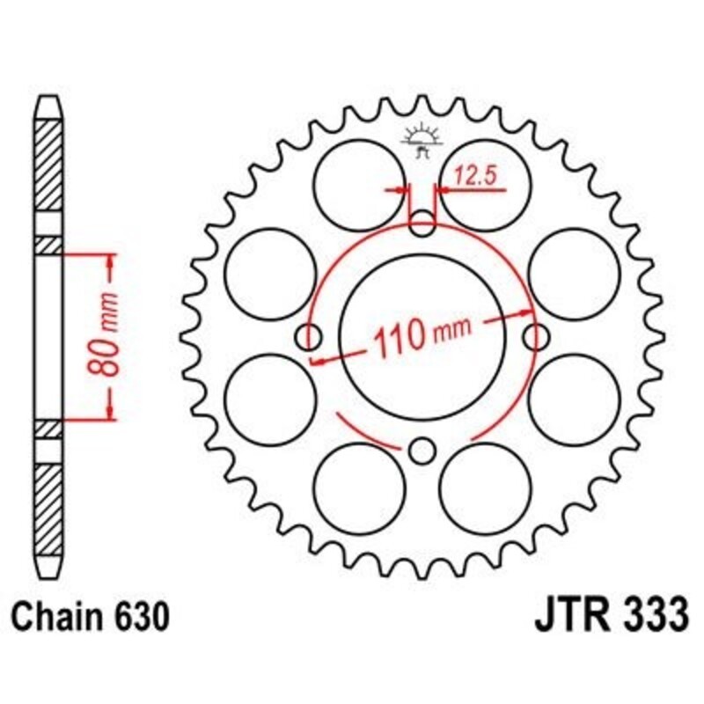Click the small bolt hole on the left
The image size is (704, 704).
click(x=309, y=335)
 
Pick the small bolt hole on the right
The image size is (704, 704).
click(x=536, y=335)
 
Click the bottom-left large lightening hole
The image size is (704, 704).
click(x=357, y=487)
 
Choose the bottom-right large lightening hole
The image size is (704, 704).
click(x=485, y=487)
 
